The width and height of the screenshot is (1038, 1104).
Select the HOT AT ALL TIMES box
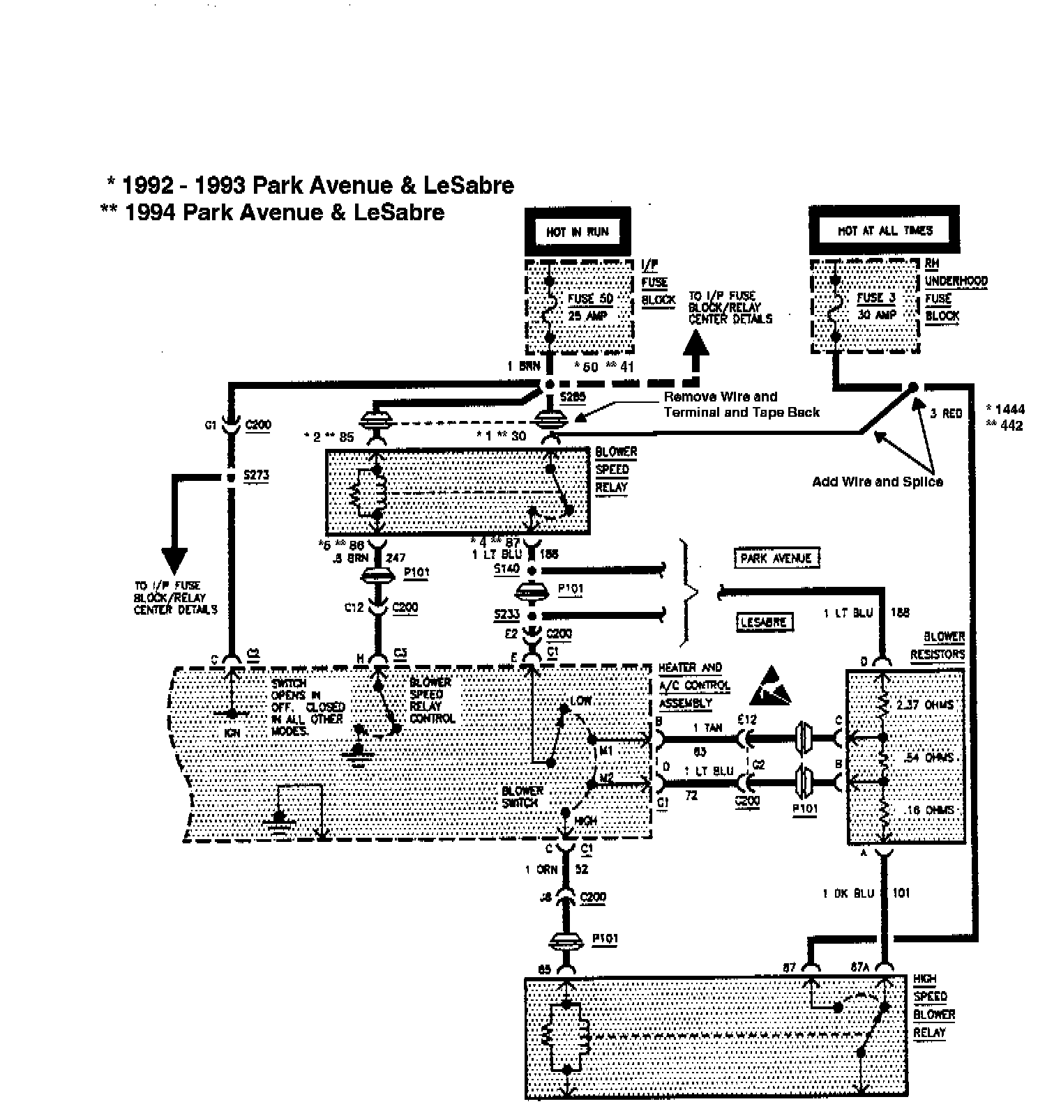point(885,230)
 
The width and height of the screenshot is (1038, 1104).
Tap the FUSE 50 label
point(590,299)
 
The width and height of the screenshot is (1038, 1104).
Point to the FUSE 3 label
point(875,298)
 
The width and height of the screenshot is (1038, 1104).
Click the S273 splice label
point(256,476)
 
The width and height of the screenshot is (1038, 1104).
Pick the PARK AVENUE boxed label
point(776,558)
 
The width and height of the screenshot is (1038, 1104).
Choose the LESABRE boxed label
point(765,622)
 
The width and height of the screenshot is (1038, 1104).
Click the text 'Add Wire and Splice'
point(877,482)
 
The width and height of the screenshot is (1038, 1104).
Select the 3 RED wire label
point(946,413)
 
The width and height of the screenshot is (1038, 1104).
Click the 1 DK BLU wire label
point(848,894)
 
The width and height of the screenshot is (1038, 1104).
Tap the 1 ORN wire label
point(541,869)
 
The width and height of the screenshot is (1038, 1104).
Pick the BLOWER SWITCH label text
point(521,797)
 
